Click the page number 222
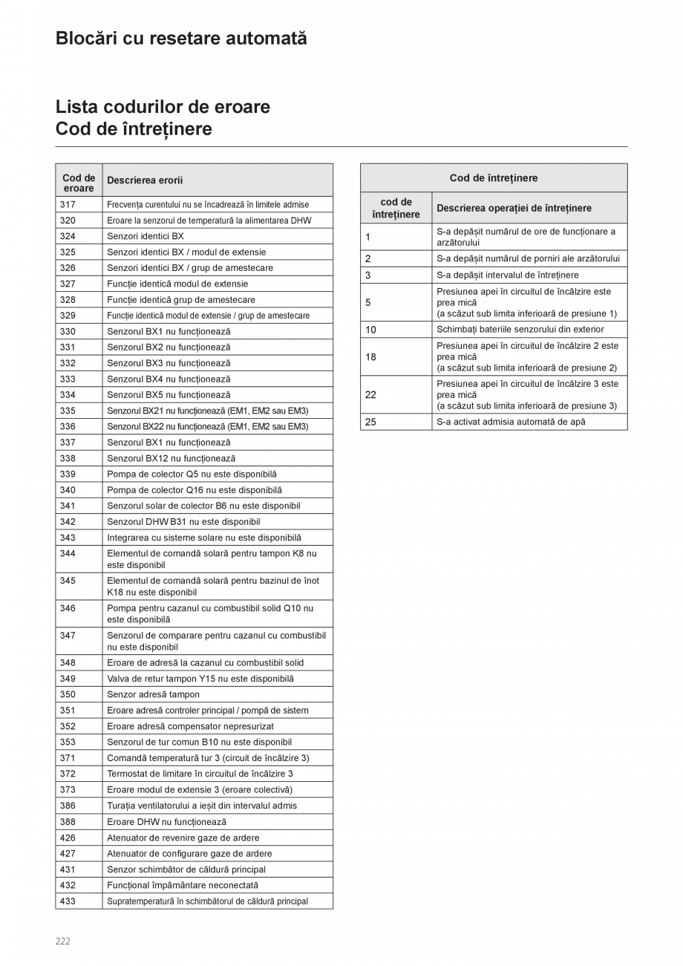click(63, 941)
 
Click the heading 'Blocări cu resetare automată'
click(181, 39)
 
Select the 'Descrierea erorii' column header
click(145, 180)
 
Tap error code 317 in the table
click(68, 204)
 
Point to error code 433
click(68, 901)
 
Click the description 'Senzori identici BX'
click(146, 236)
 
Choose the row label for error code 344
click(68, 554)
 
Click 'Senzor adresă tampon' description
click(153, 695)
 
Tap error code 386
click(68, 806)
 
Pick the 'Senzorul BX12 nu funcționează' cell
click(171, 459)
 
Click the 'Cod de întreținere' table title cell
click(494, 178)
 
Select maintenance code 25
click(371, 422)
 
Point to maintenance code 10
click(371, 330)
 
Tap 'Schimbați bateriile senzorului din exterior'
click(520, 330)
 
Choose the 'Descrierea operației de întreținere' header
click(514, 209)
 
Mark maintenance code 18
click(371, 357)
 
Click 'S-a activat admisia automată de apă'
click(511, 422)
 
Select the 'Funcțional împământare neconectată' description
click(183, 885)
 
